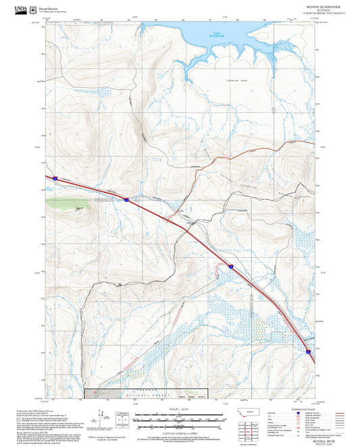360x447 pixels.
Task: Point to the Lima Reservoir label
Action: (217, 34)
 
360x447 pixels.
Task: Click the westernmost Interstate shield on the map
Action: (54, 178)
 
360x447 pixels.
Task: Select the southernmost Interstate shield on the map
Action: (308, 350)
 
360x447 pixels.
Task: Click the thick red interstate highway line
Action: (203, 243)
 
